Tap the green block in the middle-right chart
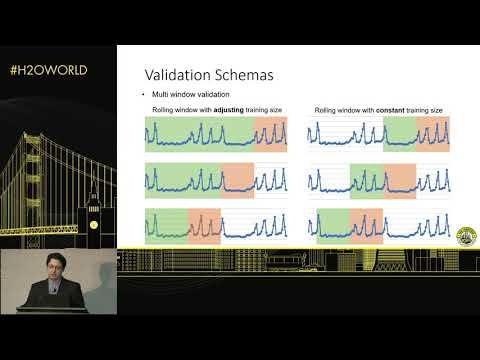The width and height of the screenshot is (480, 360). coord(367,178)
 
